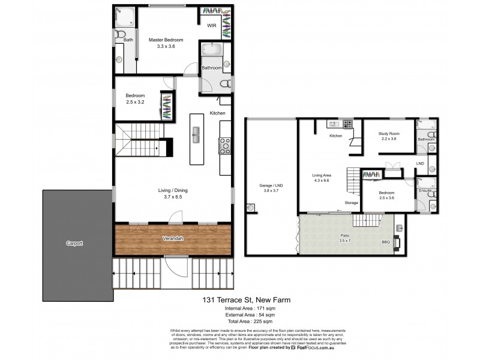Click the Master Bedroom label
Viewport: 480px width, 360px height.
[166, 40]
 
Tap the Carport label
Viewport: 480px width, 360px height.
[75, 244]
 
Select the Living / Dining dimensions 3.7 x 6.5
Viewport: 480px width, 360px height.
[173, 197]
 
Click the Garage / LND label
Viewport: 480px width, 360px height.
[271, 185]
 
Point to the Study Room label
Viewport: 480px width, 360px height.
[389, 133]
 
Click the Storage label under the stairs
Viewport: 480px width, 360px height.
[351, 203]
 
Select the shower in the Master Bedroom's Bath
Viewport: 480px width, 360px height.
[124, 17]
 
